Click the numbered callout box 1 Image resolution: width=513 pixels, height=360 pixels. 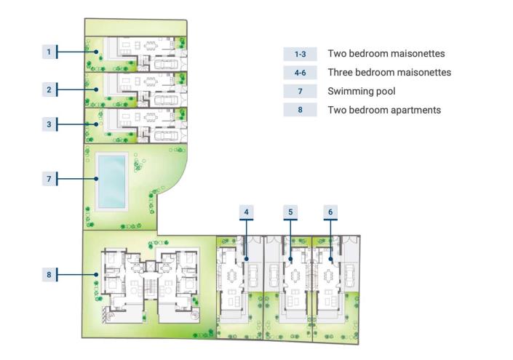49,52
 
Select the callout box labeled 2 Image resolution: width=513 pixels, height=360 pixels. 49,89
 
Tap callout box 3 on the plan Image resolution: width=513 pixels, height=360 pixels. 49,124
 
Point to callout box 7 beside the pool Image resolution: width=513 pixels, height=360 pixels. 49,177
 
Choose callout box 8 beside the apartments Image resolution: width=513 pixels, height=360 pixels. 49,274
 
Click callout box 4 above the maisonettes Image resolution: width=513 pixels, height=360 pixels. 247,212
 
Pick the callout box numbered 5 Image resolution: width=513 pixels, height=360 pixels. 290,212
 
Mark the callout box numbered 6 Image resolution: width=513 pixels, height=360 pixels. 330,212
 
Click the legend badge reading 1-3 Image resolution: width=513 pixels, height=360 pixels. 300,54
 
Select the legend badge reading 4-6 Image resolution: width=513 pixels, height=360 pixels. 300,73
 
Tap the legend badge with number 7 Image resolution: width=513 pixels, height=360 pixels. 300,92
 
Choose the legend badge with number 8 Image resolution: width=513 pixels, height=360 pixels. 300,111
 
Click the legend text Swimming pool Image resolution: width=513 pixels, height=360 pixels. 362,92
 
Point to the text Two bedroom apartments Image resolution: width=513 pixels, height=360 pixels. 384,111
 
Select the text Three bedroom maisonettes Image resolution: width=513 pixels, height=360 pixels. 389,73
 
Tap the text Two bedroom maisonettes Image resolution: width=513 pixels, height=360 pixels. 386,54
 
